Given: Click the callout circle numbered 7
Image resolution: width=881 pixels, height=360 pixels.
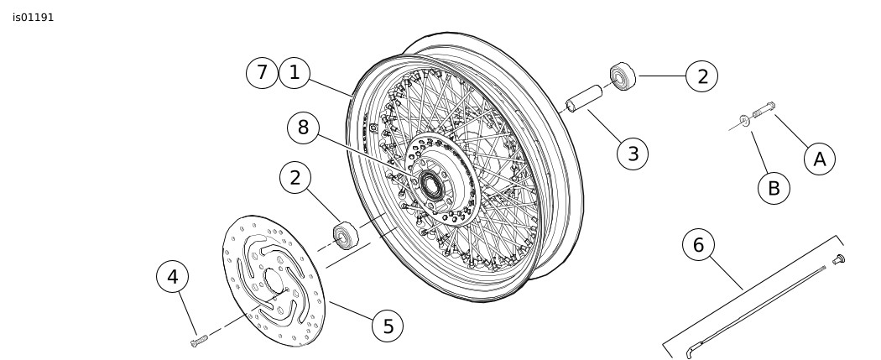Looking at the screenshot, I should (262, 73).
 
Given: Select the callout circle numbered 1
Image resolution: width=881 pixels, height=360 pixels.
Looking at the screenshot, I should (294, 73).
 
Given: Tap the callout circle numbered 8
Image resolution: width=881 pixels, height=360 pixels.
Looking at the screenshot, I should (303, 128).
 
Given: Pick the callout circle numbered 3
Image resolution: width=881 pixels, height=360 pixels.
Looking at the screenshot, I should (633, 154).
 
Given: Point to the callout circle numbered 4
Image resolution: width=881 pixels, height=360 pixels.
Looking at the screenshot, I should (173, 277).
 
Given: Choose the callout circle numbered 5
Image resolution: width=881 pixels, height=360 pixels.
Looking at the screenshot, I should (388, 326).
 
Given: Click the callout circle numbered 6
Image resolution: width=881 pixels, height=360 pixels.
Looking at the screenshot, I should (698, 245).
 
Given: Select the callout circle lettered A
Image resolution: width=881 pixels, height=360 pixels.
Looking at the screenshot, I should (820, 159).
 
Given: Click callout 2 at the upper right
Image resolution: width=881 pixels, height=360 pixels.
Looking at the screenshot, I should (702, 76).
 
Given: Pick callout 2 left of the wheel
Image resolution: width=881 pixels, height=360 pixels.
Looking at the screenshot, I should (295, 178).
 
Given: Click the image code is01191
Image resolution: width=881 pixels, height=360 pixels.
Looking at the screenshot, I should (34, 18).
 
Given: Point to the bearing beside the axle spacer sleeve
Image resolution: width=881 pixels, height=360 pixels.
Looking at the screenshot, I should (623, 77).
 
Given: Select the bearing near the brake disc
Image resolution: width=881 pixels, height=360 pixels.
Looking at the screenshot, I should (345, 235).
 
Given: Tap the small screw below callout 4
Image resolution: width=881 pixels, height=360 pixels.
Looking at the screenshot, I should (199, 341).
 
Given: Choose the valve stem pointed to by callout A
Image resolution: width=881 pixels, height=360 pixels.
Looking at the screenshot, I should (763, 110).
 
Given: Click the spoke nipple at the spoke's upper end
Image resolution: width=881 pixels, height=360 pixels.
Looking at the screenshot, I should (838, 259).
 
